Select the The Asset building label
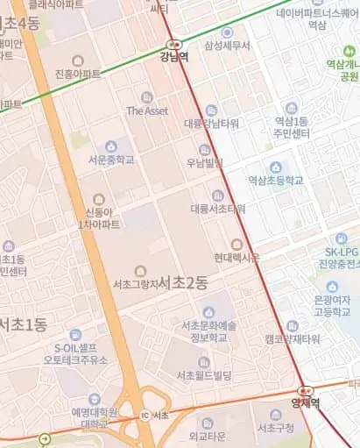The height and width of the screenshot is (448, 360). point(146,110)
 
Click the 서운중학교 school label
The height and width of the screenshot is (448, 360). point(111,160)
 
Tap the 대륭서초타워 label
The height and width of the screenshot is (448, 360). point(218,209)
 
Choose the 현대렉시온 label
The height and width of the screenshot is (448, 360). point(236,258)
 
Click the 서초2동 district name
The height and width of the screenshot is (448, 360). point(184,282)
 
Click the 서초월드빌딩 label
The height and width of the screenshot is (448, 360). point(203,375)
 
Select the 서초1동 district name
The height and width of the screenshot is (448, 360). point(24,324)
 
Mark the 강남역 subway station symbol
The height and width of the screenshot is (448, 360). point(173,44)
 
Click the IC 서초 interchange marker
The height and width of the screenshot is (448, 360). point(145,415)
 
